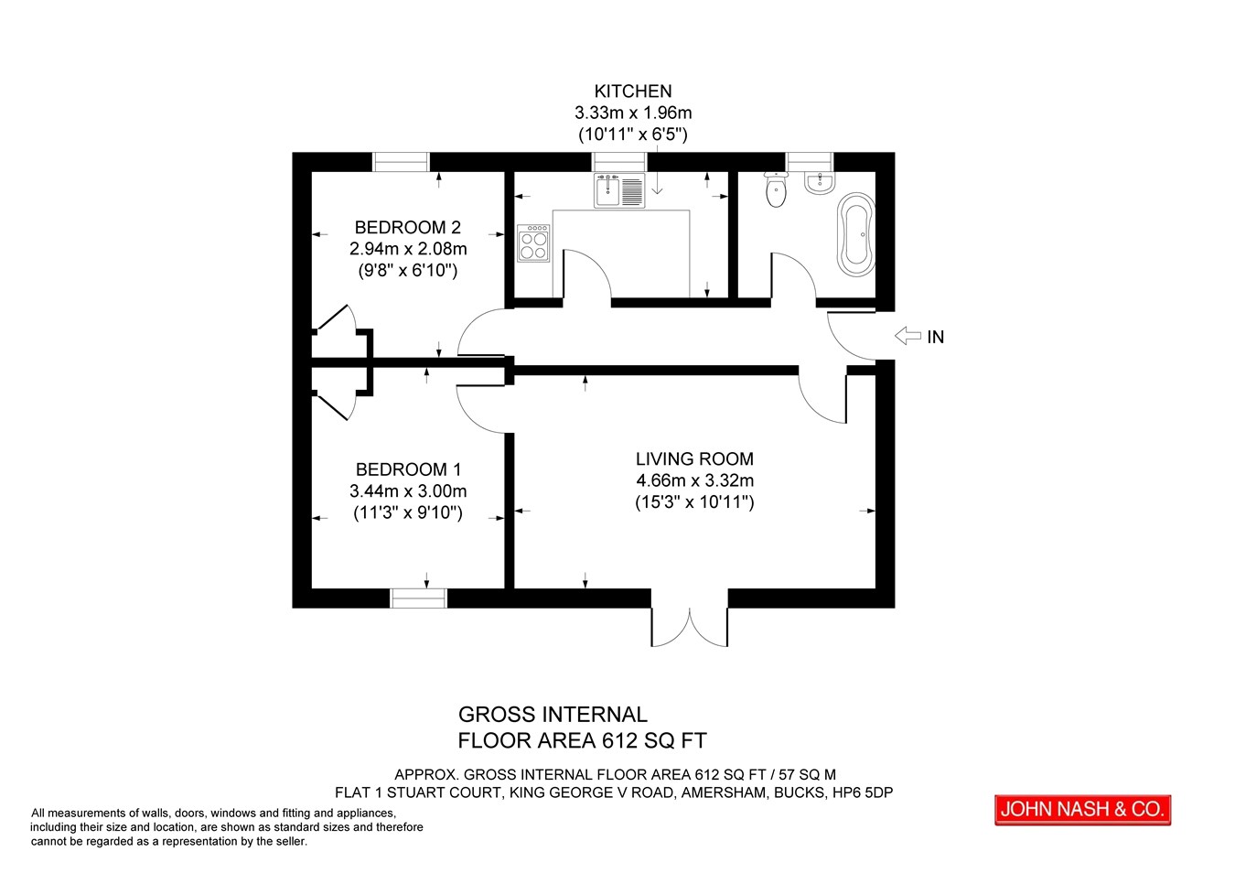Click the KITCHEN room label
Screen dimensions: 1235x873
point(632,91)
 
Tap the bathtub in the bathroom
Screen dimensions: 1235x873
point(855,234)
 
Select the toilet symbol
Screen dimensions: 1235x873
point(777,189)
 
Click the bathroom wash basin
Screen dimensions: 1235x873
point(820,182)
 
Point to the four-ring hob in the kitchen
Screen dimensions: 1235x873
point(533,243)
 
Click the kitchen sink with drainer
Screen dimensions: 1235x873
point(619,190)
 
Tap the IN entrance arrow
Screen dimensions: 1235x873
point(907,335)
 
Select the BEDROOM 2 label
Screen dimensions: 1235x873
point(407,227)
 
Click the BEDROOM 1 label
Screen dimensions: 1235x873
point(408,469)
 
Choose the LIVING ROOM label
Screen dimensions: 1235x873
point(694,458)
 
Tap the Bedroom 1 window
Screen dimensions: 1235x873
point(418,598)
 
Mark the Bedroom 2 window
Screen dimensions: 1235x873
point(401,162)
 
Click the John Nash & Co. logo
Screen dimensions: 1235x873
point(1082,810)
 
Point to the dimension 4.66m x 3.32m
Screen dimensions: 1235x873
point(694,480)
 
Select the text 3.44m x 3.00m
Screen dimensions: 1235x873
point(408,490)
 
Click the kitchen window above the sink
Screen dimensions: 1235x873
point(619,162)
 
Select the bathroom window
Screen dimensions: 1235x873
point(810,162)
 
